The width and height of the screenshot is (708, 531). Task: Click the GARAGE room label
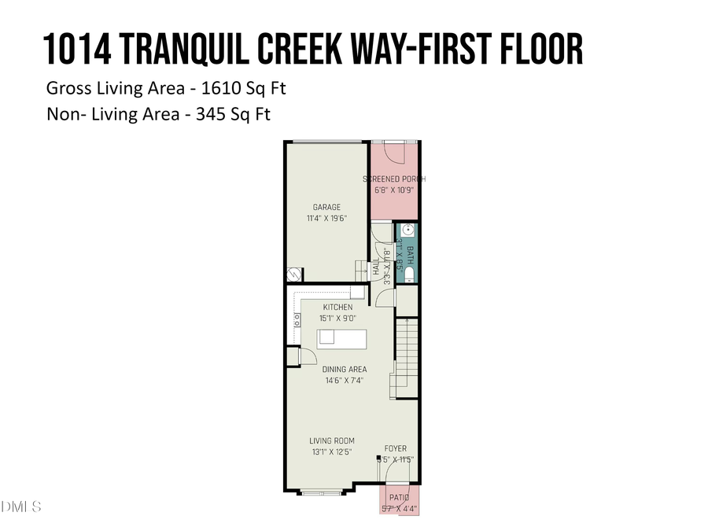[326, 208]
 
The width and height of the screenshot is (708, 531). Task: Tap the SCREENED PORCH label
[394, 179]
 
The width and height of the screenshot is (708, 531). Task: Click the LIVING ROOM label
[331, 441]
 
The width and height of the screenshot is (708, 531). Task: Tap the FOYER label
[396, 448]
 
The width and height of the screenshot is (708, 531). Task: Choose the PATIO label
[398, 498]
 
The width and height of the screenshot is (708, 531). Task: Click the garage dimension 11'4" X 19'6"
[326, 219]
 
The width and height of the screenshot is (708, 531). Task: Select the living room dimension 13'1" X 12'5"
[331, 452]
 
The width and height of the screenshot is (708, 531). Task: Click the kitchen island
[342, 338]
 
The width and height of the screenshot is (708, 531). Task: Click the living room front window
[322, 493]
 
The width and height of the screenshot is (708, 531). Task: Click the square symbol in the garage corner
[294, 275]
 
